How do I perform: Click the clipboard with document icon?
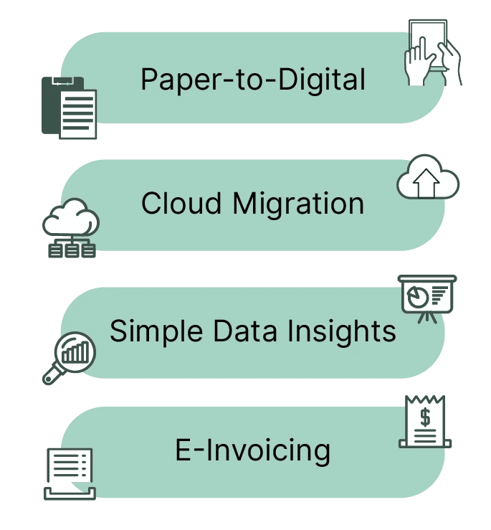[x=69, y=108]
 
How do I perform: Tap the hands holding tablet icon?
[x=432, y=53]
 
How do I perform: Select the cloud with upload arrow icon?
[x=428, y=176]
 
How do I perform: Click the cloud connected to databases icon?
[x=71, y=228]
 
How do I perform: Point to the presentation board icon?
[x=427, y=299]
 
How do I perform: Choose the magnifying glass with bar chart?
[x=70, y=359]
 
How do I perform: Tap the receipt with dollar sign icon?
[x=425, y=422]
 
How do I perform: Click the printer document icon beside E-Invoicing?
[x=70, y=474]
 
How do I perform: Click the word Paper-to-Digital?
[x=253, y=80]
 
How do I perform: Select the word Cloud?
[x=181, y=203]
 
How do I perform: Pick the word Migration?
[x=299, y=204]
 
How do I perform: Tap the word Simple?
[x=156, y=331]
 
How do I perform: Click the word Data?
[x=245, y=331]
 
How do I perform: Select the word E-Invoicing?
[x=253, y=451]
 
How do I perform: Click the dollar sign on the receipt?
[x=426, y=417]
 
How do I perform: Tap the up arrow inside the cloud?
[x=426, y=183]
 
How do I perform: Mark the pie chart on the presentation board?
[x=418, y=296]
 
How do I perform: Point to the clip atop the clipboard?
[x=63, y=81]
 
